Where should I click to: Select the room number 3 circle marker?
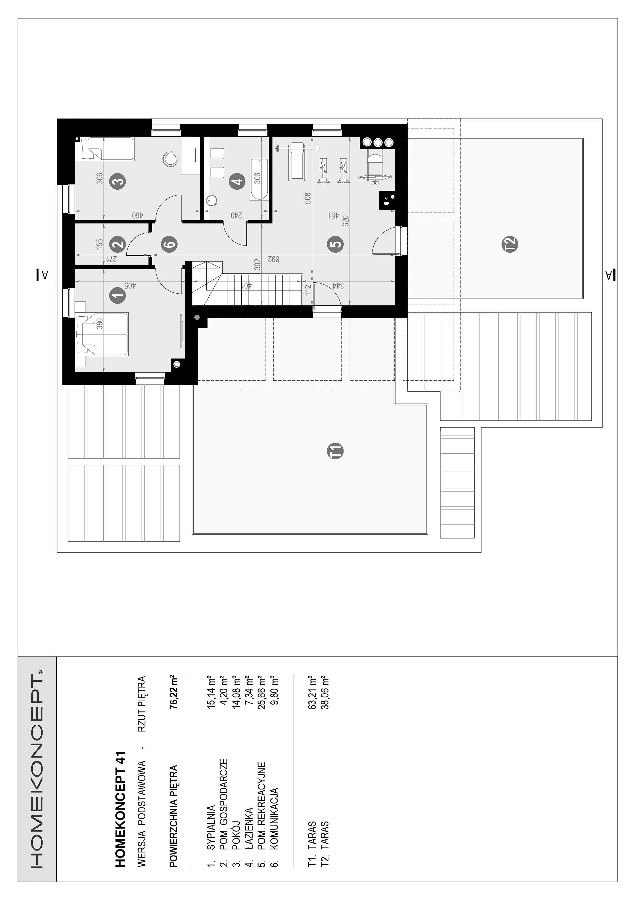[118, 181]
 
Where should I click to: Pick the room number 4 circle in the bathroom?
[237, 181]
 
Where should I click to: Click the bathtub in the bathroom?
[259, 179]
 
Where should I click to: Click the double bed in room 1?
[102, 334]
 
